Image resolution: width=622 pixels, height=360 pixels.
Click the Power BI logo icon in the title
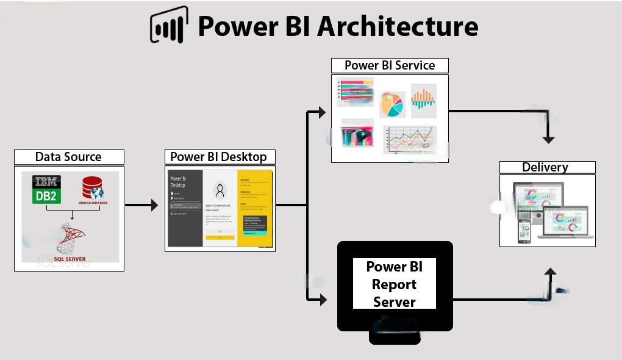point(169,26)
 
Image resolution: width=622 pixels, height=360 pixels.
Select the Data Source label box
point(69,157)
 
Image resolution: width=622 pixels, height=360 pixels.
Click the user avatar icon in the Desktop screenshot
point(220,190)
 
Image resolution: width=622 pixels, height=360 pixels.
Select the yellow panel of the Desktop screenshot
point(253,208)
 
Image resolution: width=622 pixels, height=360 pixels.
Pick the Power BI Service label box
point(390,65)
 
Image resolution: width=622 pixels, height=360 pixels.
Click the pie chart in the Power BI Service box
point(392,104)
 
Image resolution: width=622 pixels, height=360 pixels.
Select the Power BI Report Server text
point(394,284)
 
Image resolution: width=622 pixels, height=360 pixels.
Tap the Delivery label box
point(547,167)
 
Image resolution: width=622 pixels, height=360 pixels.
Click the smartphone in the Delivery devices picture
point(524,232)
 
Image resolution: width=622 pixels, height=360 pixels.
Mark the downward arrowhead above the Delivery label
point(549,139)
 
